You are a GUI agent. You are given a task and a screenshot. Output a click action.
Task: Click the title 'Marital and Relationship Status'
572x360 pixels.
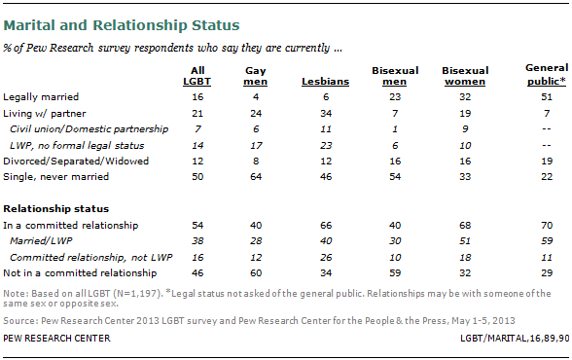point(122,25)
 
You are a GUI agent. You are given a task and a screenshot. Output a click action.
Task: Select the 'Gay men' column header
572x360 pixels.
point(255,76)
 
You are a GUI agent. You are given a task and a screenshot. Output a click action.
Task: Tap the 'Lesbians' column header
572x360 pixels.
point(325,82)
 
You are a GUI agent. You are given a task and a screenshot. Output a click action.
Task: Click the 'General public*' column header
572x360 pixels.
point(547,75)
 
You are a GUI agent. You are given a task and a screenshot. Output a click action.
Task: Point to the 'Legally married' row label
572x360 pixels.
point(41,97)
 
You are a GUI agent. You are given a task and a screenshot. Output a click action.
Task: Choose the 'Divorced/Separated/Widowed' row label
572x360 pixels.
point(76,162)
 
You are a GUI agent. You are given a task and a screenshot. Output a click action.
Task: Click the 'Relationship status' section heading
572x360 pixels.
point(56,209)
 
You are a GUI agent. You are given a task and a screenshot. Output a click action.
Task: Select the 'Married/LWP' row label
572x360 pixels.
point(41,241)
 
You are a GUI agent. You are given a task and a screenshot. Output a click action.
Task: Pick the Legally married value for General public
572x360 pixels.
point(547,97)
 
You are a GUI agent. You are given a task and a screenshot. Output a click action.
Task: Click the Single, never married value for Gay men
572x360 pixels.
point(256,177)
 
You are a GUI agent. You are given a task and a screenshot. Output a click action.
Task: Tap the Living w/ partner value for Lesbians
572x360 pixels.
point(326,114)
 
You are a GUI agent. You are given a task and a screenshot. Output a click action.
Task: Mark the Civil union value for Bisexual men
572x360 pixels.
point(395,129)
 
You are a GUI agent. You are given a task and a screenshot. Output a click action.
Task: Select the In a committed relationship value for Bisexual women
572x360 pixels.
point(465,226)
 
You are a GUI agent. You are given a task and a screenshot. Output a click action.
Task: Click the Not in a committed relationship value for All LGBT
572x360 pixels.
point(197,273)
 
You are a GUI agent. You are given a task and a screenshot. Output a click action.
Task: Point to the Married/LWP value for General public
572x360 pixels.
point(547,241)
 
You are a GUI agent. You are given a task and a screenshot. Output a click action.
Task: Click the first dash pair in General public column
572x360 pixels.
point(547,129)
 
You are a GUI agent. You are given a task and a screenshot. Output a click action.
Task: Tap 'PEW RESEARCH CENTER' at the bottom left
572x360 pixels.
point(56,339)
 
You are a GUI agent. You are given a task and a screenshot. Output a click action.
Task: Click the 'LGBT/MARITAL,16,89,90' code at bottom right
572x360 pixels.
point(515,339)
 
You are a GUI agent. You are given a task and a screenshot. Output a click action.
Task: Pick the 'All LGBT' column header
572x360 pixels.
point(197,76)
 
